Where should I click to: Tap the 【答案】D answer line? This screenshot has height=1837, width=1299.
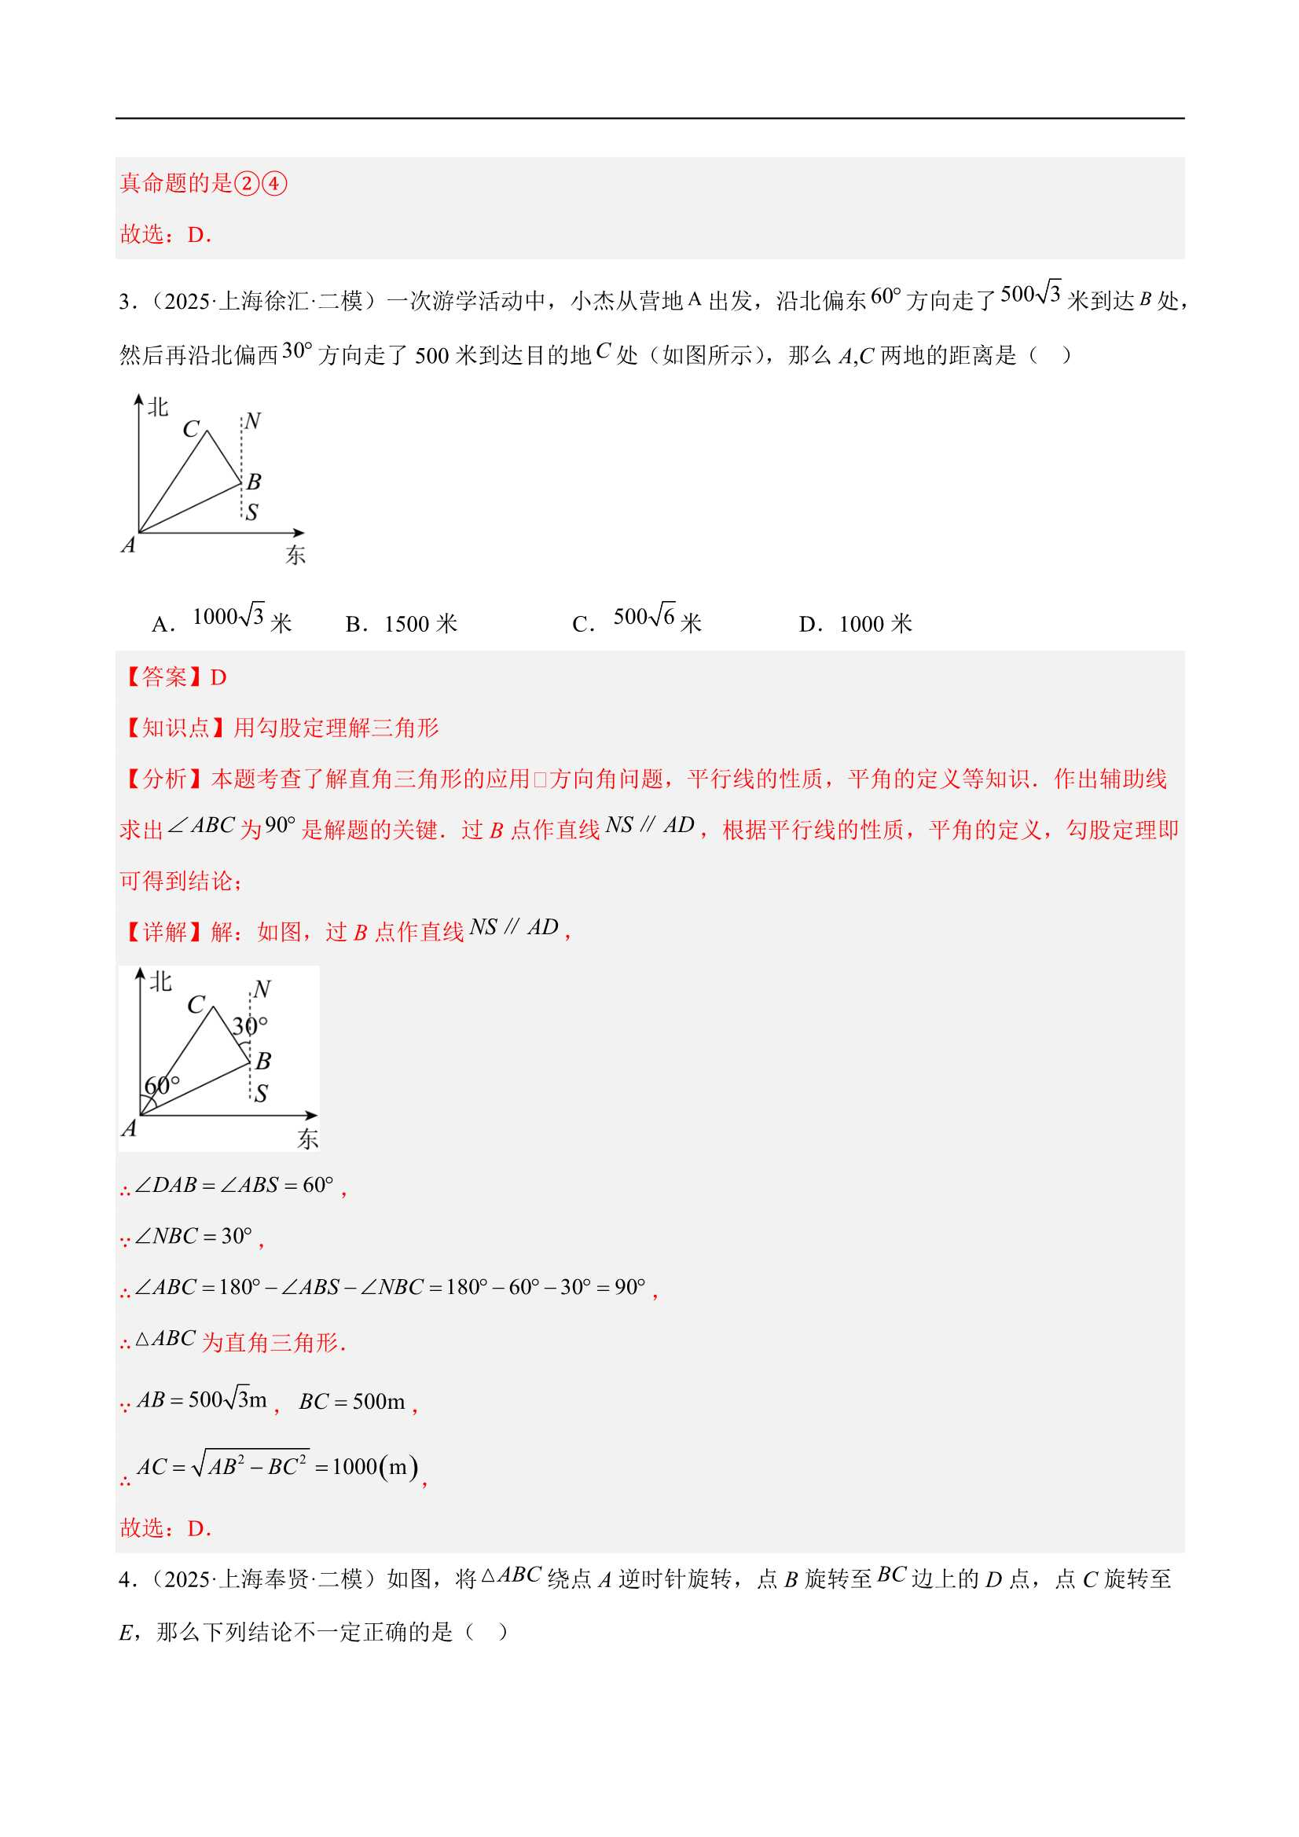(174, 677)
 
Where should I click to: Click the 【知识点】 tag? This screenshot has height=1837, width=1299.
(165, 728)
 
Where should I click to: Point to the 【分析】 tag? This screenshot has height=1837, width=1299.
(165, 779)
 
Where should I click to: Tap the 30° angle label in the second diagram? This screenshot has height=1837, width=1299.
(249, 1026)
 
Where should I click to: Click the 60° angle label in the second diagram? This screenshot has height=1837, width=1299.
(162, 1086)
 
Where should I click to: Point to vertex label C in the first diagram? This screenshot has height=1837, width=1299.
(190, 429)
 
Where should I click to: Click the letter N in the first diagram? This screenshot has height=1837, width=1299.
(253, 421)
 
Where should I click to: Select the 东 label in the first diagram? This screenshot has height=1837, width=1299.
(295, 555)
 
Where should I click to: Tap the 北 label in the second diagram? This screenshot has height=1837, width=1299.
(161, 981)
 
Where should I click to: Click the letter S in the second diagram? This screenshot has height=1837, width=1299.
(261, 1093)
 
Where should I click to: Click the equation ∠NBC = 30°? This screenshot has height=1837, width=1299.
(193, 1236)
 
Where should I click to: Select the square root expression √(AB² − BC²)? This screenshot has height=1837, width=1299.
(251, 1466)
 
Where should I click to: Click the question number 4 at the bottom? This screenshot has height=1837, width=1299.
(125, 1579)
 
